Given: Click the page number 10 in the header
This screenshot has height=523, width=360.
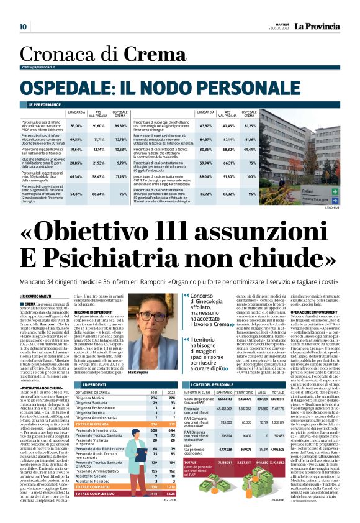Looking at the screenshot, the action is tap(23, 27).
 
